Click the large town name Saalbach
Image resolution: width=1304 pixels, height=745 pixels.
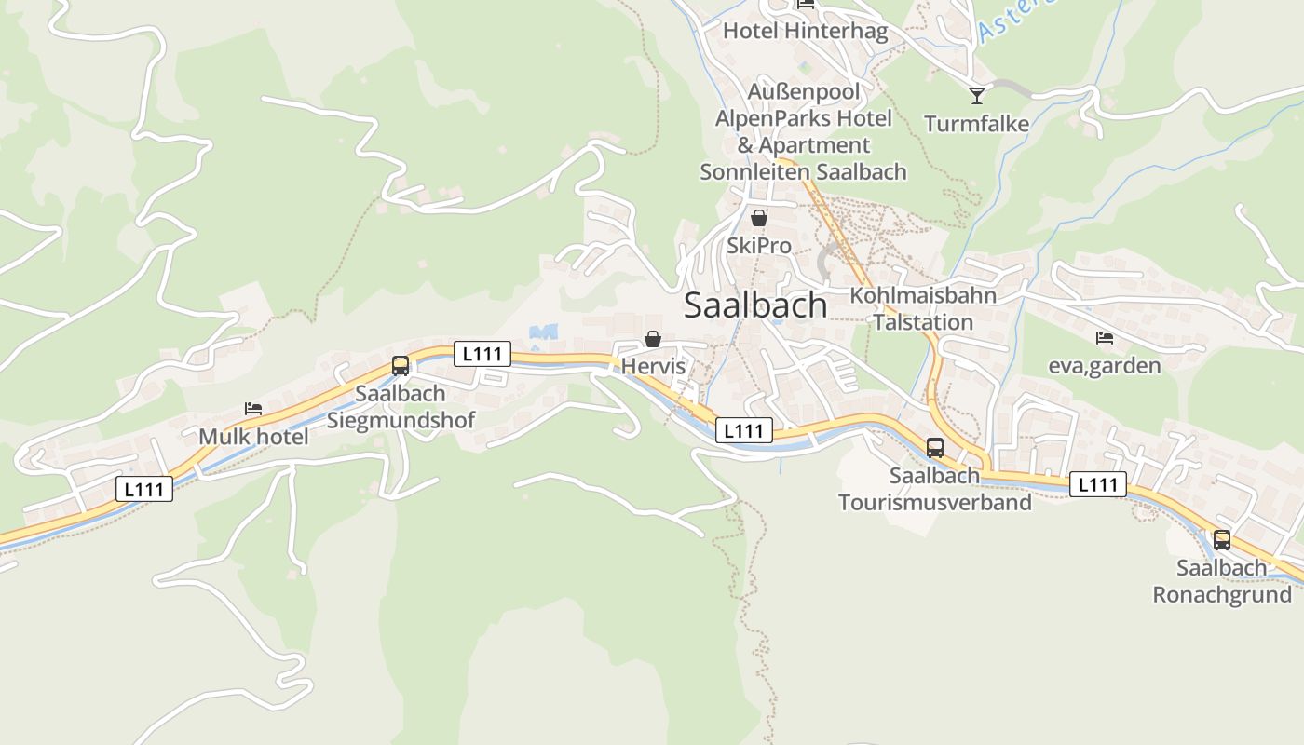[755, 305]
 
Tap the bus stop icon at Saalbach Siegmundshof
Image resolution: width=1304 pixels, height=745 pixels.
[401, 365]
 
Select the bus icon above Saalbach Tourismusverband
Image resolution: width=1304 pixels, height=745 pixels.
[935, 447]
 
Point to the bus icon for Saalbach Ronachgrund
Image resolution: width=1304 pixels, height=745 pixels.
[1222, 539]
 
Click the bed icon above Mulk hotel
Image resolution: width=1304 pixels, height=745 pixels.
[253, 408]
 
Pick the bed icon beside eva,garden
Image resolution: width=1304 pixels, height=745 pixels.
[1105, 337]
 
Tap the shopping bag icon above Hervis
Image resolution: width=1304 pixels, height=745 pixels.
[653, 339]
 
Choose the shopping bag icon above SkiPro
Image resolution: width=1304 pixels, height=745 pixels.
[759, 218]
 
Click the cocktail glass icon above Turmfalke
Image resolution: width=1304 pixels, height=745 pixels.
[976, 95]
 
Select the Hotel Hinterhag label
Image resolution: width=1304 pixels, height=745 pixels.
[806, 31]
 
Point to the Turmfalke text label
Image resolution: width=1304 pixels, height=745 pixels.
[976, 124]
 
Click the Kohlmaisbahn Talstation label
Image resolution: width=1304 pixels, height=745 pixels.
[923, 309]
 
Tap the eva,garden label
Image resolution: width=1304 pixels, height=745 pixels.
[1105, 365]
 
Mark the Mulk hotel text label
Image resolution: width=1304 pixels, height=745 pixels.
[253, 436]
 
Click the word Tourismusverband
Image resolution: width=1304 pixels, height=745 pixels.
[935, 503]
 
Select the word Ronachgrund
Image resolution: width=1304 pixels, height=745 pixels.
[1222, 595]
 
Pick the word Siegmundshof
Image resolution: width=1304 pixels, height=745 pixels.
[401, 420]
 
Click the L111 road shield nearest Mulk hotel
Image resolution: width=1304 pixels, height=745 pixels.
[145, 489]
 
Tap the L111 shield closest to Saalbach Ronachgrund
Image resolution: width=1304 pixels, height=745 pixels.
[1098, 484]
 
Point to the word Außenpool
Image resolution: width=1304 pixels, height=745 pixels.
[804, 92]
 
